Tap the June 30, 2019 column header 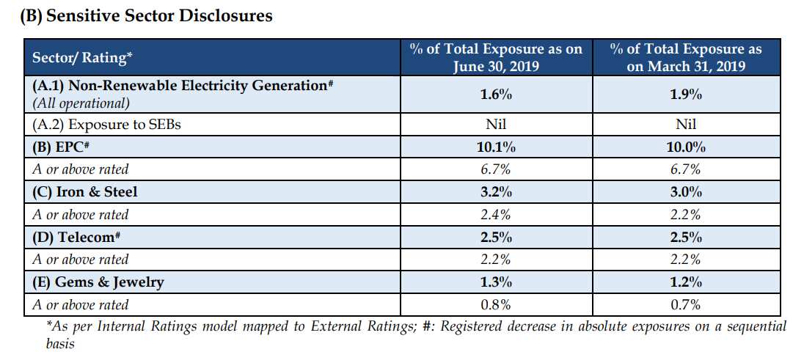496,58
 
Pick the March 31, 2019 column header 686,58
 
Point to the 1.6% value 496,95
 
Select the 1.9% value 687,95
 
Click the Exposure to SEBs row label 106,124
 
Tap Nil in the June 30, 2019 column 496,124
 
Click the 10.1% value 496,147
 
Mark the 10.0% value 687,147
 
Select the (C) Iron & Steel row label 84,192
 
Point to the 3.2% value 496,192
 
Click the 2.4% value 496,215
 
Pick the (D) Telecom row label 77,237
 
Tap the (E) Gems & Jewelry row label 98,282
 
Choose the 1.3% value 496,282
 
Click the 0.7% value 687,305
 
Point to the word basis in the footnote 60,343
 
